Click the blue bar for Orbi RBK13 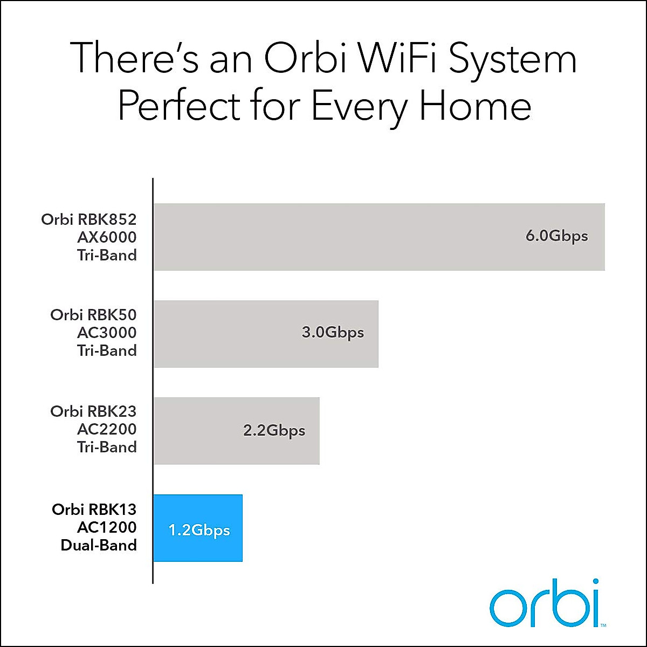tap(198, 528)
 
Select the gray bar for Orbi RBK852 tap(379, 237)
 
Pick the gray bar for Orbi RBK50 tap(266, 334)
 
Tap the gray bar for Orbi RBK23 tap(236, 431)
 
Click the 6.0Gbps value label tap(556, 236)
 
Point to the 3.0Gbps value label tap(333, 333)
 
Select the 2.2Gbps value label tap(274, 431)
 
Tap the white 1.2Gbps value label tap(199, 531)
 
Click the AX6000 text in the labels tap(107, 237)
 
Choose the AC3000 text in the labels tap(107, 333)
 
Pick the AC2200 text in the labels tap(107, 429)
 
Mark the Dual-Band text tap(99, 545)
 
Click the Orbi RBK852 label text tap(89, 219)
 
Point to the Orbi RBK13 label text tap(94, 510)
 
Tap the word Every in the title tap(360, 109)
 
